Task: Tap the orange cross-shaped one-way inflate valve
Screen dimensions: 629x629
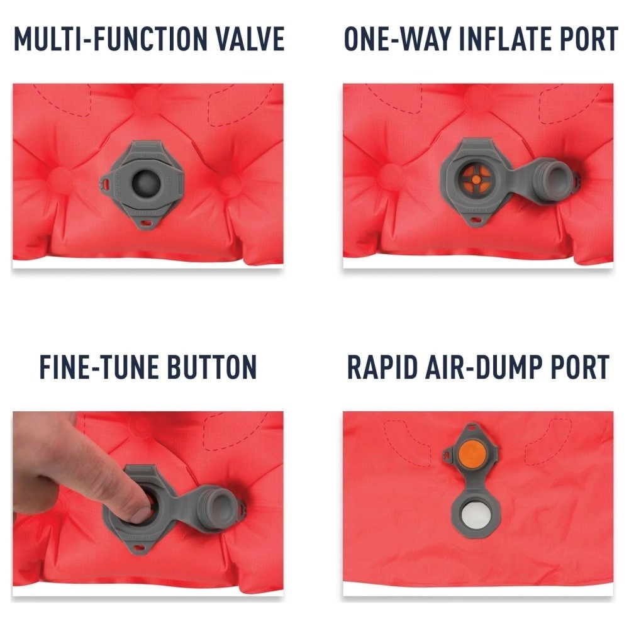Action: pos(476,179)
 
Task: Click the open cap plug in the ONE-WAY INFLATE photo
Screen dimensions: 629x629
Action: pos(555,179)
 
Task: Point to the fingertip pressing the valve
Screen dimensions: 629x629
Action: pos(140,513)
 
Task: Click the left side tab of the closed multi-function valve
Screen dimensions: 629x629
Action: pos(105,183)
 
